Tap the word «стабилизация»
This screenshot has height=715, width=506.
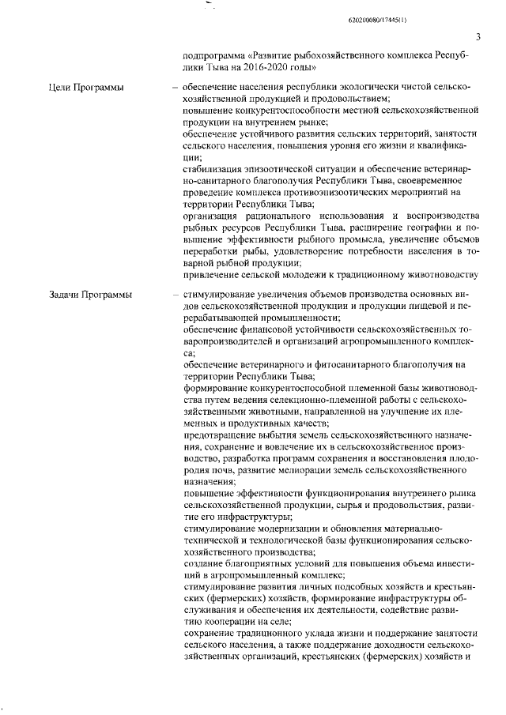[213, 168]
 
